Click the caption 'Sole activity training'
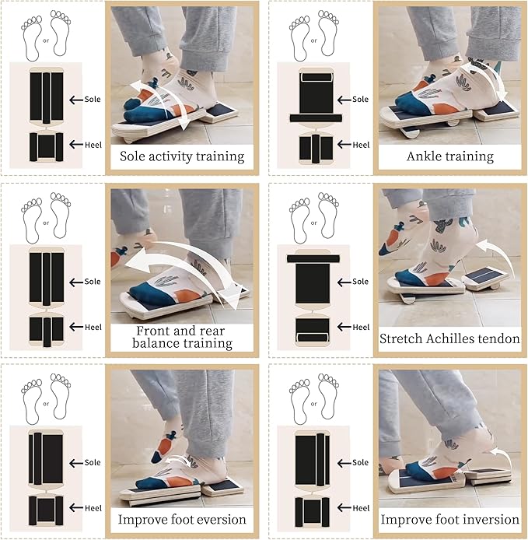(182, 156)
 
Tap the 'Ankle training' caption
(450, 156)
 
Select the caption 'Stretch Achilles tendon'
(449, 339)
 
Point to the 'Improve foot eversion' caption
(182, 519)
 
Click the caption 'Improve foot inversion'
(449, 519)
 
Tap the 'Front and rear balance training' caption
(182, 337)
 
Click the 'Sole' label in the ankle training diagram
(360, 99)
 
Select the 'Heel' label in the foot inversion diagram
(361, 508)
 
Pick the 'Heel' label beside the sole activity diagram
(93, 145)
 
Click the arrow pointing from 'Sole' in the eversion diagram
(75, 463)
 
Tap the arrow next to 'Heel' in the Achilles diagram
(344, 327)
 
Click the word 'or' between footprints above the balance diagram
(46, 223)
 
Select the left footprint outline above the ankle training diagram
(299, 38)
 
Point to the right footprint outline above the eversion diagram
(61, 396)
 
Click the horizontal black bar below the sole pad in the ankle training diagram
(316, 118)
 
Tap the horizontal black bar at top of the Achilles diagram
(313, 258)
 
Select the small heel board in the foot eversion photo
(222, 488)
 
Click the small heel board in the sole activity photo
(220, 113)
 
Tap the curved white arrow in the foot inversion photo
(501, 456)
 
